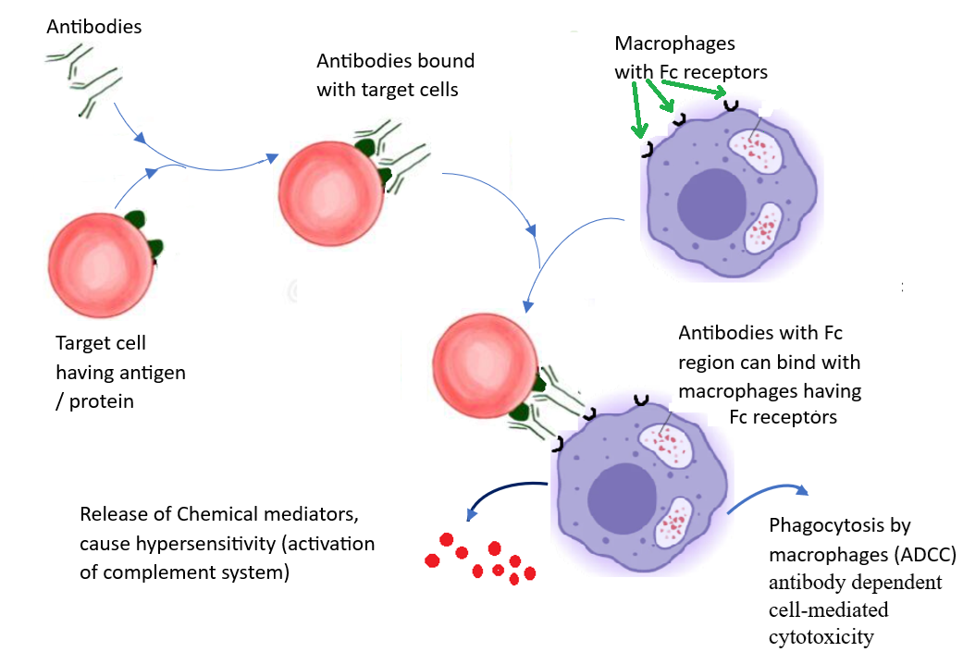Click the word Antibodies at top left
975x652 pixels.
pyautogui.click(x=94, y=26)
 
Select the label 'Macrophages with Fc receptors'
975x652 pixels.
pyautogui.click(x=690, y=57)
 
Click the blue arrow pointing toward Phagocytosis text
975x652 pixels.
pyautogui.click(x=768, y=496)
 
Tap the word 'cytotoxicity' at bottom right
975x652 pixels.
pyautogui.click(x=821, y=637)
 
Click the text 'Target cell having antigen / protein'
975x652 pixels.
pyautogui.click(x=120, y=373)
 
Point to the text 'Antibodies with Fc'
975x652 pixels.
pyautogui.click(x=760, y=333)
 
